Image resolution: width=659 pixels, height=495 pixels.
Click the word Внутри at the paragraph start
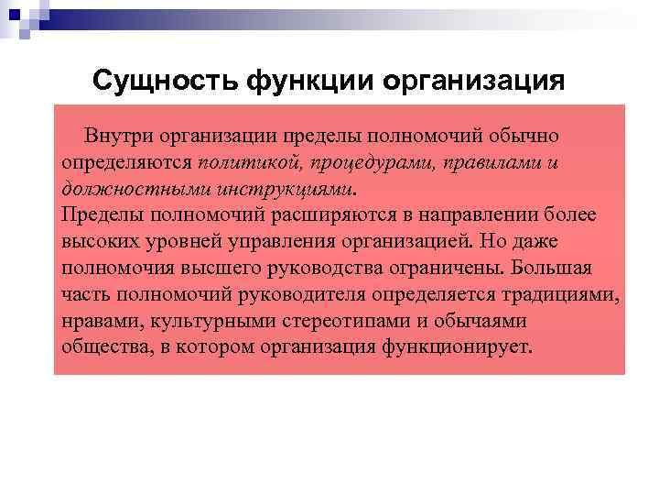[x=118, y=136]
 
